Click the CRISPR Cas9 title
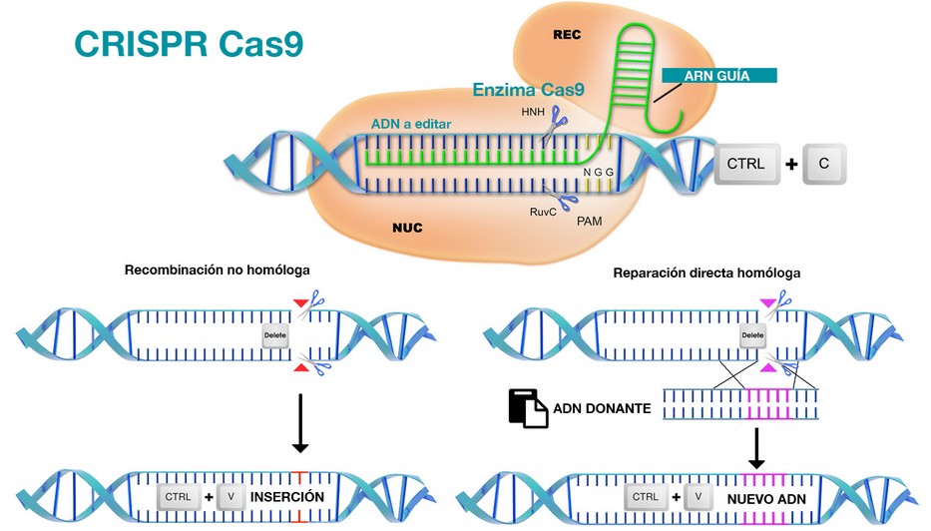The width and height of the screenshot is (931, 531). point(189,45)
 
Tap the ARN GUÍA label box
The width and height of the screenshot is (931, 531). point(719,75)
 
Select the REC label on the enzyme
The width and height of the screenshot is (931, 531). point(567,35)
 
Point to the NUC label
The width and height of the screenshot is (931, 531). point(406,228)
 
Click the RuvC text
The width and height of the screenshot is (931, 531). point(544,212)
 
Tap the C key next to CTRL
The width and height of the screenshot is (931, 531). point(824,164)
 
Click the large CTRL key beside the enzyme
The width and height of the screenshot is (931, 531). point(746,164)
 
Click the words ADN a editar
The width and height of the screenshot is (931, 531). point(411,123)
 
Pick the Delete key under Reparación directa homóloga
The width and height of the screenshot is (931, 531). point(753,337)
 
